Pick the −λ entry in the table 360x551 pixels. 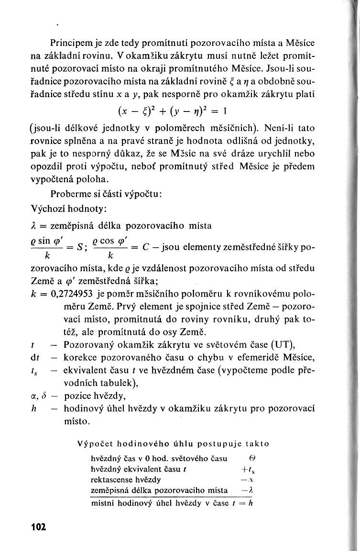pos(247,490)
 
